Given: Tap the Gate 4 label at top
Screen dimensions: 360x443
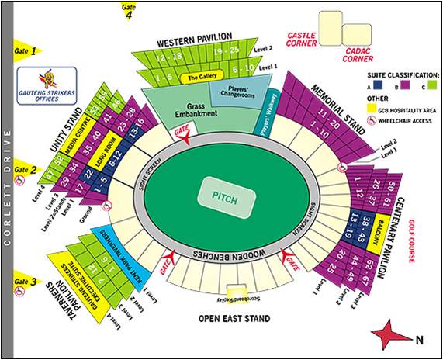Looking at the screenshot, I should pos(127,10).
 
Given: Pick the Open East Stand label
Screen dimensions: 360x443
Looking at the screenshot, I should pos(234,318).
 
